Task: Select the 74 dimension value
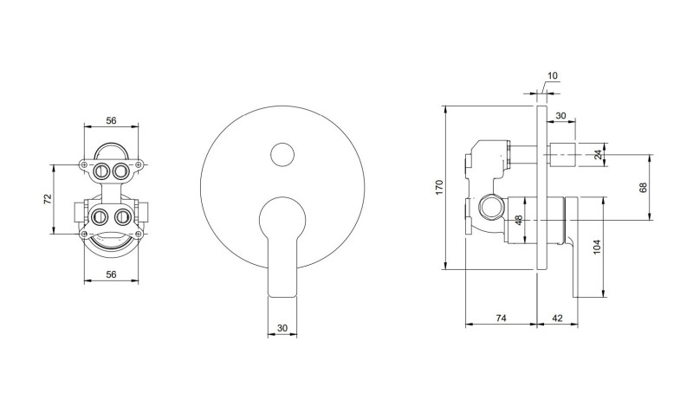(501, 318)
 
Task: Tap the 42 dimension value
(557, 318)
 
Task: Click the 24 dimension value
(597, 156)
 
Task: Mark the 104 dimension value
(597, 248)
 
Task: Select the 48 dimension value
(519, 221)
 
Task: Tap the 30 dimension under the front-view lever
(282, 328)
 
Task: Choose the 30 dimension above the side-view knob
(560, 115)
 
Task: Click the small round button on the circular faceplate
(282, 155)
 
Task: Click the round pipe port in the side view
(489, 208)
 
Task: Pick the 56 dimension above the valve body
(110, 121)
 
